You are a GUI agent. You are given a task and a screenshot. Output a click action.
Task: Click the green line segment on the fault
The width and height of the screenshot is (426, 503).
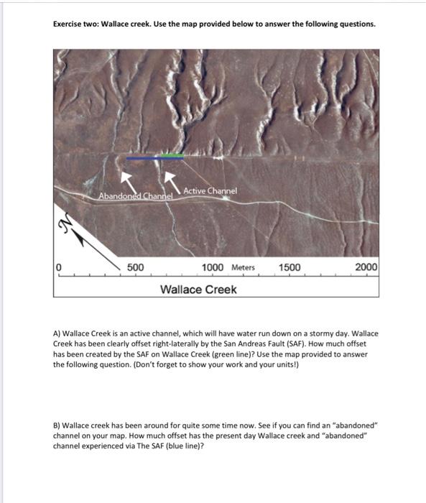point(172,156)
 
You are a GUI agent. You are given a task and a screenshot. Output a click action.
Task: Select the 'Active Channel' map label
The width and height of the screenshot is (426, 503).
point(210,190)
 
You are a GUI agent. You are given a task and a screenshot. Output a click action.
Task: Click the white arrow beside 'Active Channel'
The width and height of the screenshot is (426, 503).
point(170,177)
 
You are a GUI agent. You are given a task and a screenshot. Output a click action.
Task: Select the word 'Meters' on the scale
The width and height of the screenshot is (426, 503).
point(243,268)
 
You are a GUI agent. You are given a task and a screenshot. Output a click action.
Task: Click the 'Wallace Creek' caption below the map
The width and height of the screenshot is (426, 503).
point(198,290)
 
